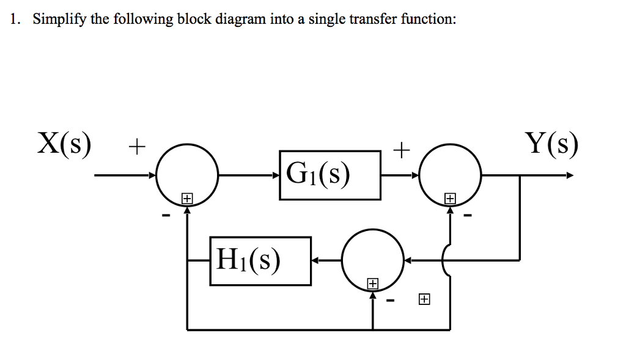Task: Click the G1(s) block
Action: [x=330, y=175]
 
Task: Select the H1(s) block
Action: [x=260, y=261]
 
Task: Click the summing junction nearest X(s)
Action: [x=187, y=175]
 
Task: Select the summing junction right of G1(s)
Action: [x=451, y=175]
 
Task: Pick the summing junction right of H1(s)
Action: [x=372, y=261]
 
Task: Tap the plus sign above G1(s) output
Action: [x=400, y=149]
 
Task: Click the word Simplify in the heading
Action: [x=60, y=20]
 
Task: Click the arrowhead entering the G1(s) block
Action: [x=276, y=176]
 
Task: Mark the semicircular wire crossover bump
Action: [x=446, y=261]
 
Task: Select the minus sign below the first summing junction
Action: [x=164, y=215]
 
